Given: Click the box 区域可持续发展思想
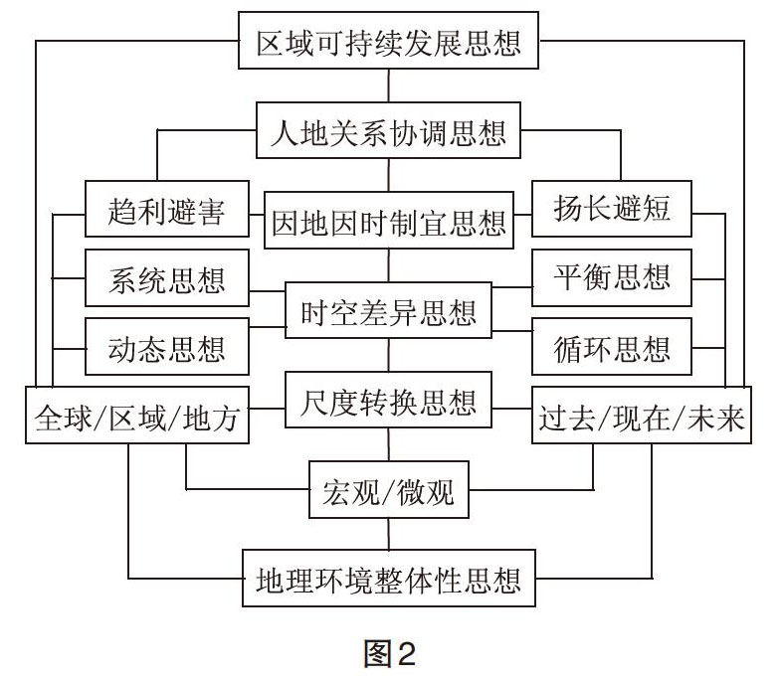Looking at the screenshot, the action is point(388,41).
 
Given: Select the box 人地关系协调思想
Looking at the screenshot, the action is point(388,130).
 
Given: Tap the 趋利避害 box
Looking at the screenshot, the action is point(167,209).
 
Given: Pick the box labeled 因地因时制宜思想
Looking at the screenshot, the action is point(388,220).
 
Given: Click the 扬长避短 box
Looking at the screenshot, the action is point(612,209).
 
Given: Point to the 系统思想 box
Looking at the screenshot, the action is point(167,277).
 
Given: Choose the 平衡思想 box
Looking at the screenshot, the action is point(612,277).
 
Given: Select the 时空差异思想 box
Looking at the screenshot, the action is point(388,310).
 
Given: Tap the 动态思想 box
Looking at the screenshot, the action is point(167,347).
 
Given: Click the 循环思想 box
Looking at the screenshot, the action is point(612,347).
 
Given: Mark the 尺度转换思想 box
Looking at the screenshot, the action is point(388,400).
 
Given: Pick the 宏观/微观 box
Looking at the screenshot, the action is point(388,489).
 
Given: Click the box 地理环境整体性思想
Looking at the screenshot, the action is point(388,578).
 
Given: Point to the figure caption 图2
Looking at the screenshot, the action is point(389,652).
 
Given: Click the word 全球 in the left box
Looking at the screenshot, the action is point(64,418).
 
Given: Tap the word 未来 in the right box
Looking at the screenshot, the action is point(715,418).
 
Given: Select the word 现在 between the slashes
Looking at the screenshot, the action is point(642,418).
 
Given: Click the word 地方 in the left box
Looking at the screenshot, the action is point(211,418).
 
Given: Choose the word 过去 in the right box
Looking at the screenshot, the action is point(567,418).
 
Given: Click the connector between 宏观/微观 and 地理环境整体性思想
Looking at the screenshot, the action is point(388,534).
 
